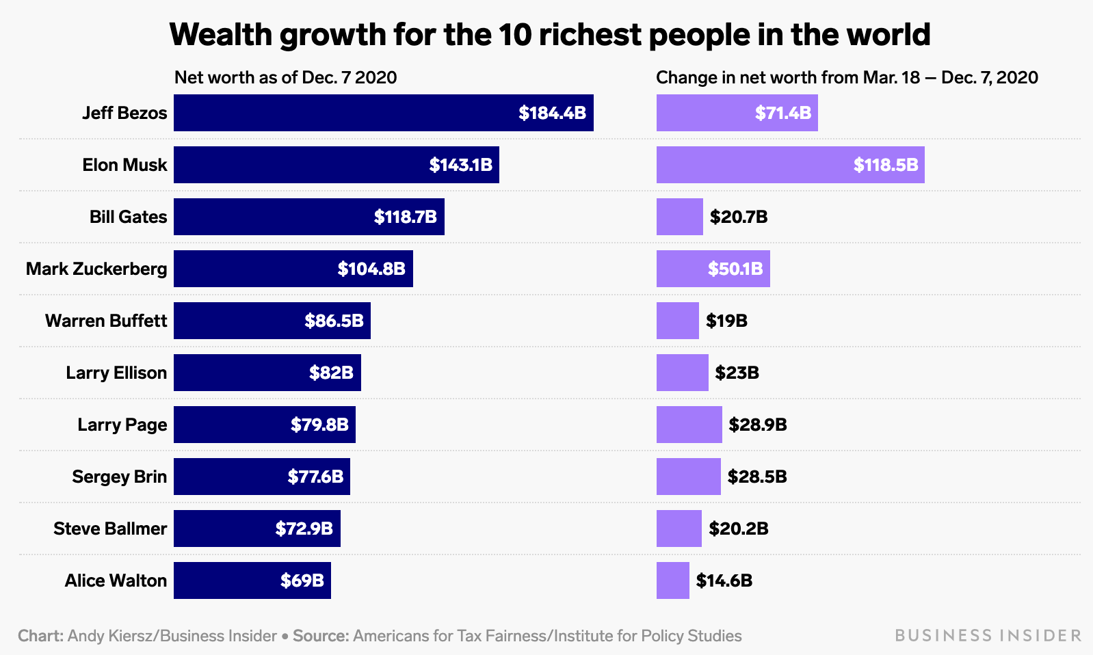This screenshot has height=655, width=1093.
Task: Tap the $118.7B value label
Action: tap(405, 217)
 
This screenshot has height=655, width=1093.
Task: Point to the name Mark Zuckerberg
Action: tap(96, 269)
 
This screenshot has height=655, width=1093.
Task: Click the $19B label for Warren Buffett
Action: tap(726, 321)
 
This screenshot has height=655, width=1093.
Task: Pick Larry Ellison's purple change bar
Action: tap(682, 373)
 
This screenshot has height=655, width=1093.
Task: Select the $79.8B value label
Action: tap(319, 425)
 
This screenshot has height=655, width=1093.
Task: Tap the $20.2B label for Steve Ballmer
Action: tap(738, 529)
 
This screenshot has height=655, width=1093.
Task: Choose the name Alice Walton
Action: tap(116, 580)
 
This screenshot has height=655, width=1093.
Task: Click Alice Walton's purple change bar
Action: tap(672, 580)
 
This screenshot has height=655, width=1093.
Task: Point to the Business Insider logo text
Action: tap(988, 636)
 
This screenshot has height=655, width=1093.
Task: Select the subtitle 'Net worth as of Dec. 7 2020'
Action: tap(285, 77)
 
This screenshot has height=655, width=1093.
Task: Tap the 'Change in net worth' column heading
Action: tap(847, 77)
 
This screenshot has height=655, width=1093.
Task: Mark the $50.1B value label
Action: tap(735, 269)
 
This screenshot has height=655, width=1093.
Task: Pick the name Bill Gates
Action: tap(128, 217)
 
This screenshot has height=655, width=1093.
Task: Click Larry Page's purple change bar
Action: tap(689, 425)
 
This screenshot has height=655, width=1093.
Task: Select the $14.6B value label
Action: tap(724, 580)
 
